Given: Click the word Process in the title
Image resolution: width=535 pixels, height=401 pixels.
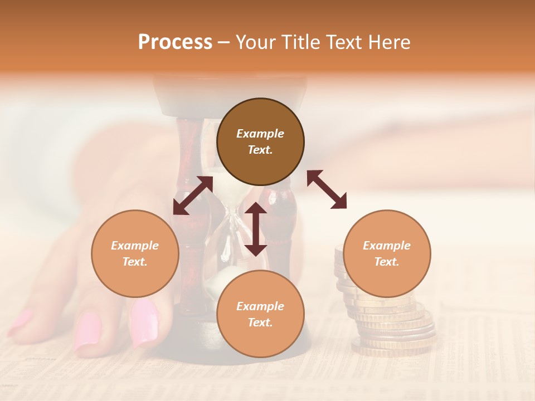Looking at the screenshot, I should pos(175,42).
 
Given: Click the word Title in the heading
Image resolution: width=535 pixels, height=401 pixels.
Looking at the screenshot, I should pos(295,42).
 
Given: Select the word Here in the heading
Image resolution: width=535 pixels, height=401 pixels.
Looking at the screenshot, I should pos(390,42).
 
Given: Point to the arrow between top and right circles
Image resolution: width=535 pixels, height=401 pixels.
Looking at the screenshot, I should pos(327,189).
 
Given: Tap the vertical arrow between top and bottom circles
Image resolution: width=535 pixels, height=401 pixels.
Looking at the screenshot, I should pos(256,229).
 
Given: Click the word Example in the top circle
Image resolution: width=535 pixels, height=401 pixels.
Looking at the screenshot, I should pos(260,134).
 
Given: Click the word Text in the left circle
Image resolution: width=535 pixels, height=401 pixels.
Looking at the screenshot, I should pos(134,262).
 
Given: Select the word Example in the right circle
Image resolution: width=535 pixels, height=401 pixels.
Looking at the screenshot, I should pos(387,246).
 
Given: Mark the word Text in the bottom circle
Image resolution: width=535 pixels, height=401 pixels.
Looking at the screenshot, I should pos(260,322).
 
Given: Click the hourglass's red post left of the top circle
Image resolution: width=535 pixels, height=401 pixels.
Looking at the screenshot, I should pos(189,145).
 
